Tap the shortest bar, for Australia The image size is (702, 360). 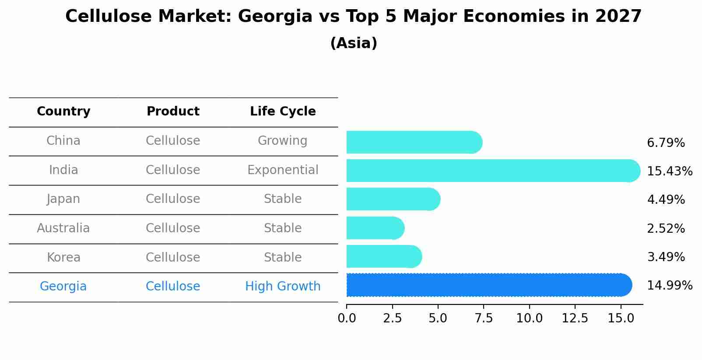pos(375,228)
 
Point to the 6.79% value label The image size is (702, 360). pos(665,143)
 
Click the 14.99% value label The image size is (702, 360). pos(669,286)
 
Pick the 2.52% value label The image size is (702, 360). pos(665,228)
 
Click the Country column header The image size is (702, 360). pos(63,112)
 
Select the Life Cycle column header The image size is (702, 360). pos(283,112)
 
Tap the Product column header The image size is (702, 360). pos(173,112)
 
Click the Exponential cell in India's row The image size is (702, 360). pos(283,170)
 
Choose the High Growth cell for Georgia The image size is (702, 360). pos(283,287)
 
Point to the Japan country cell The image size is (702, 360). pos(63,199)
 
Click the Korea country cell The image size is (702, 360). pos(63,257)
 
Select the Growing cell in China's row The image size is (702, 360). pos(283,141)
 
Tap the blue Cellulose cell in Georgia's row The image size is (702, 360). pos(173,287)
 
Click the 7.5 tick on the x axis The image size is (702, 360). pos(484,318)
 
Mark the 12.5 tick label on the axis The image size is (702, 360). pos(575,318)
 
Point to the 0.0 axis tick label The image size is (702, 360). pos(347,318)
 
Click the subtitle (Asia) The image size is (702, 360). pos(354,43)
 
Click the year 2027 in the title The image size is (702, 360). pos(618,17)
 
